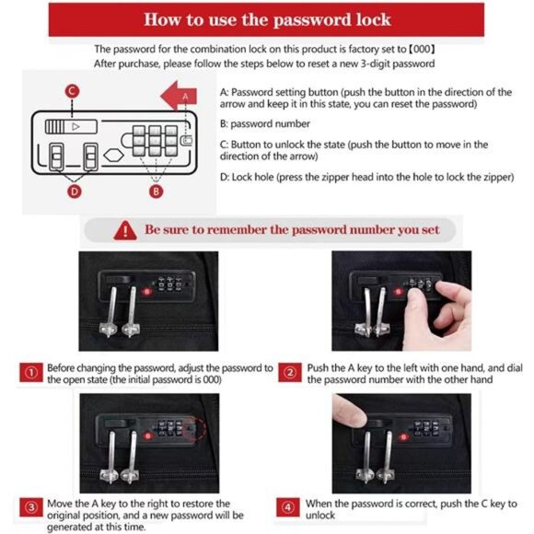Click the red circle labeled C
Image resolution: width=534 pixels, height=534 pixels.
coord(72,91)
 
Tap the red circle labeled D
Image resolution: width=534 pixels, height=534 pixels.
coord(75,192)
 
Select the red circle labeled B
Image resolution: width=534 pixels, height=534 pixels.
coord(156,192)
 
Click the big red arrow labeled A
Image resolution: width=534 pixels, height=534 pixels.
coord(179,96)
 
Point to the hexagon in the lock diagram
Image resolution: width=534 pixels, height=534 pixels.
coord(113,156)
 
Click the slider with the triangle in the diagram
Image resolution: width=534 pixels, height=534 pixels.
coord(71,127)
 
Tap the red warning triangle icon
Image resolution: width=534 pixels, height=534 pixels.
coord(125,230)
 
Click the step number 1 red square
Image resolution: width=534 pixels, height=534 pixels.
coord(31,373)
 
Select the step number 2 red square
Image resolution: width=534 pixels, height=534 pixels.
coord(290,373)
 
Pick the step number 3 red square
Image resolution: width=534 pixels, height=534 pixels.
coord(31,508)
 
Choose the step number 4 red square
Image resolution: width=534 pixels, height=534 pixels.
coord(288,508)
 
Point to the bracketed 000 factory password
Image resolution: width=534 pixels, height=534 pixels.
coord(422,49)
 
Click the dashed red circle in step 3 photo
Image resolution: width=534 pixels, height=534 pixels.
coord(195,428)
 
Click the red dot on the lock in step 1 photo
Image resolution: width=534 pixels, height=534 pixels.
coord(147,292)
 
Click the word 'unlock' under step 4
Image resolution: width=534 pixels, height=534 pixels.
coord(320,516)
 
